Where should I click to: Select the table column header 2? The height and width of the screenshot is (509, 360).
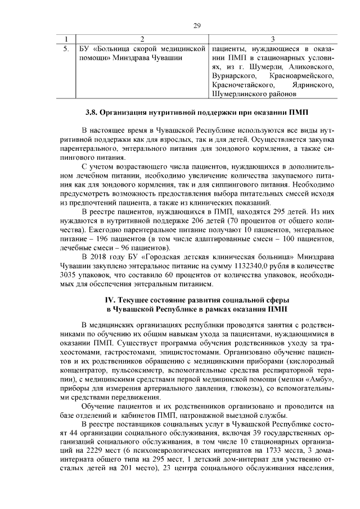pyautogui.click(x=141, y=39)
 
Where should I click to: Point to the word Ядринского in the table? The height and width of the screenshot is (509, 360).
pyautogui.click(x=310, y=84)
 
